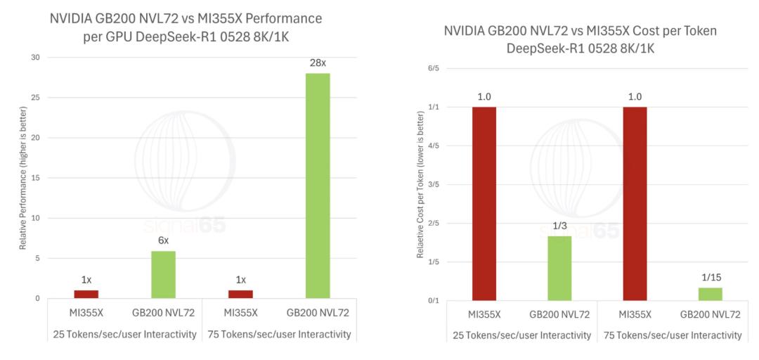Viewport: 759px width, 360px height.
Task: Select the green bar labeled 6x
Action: [x=163, y=274]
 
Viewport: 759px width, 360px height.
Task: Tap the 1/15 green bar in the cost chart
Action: [x=710, y=294]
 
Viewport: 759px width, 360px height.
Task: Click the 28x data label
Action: [x=318, y=63]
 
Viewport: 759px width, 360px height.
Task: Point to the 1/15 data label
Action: [x=710, y=278]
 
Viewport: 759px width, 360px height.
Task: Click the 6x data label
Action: [x=163, y=241]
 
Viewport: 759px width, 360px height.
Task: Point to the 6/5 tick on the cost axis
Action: [x=433, y=68]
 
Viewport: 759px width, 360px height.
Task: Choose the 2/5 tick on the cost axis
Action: [x=433, y=224]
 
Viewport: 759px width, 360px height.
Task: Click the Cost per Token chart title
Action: [x=580, y=40]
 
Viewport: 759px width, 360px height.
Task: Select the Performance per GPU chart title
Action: [x=186, y=27]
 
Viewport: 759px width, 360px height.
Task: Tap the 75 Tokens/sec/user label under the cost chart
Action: [x=673, y=335]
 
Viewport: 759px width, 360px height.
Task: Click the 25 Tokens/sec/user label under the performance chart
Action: [x=124, y=334]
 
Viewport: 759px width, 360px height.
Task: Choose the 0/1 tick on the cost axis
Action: [x=433, y=301]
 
